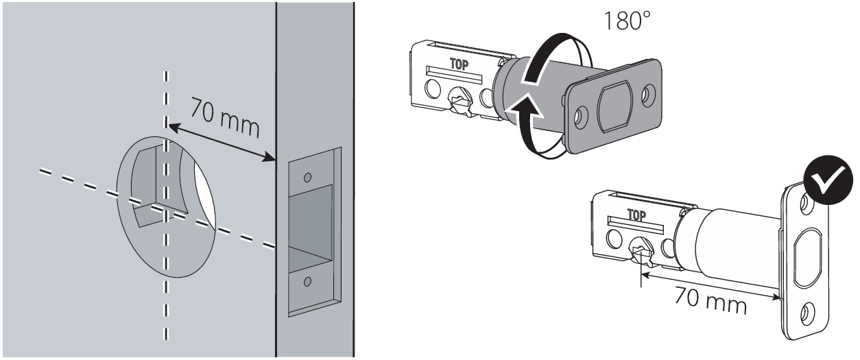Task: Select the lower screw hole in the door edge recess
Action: click(308, 280)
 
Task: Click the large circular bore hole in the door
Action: click(168, 206)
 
